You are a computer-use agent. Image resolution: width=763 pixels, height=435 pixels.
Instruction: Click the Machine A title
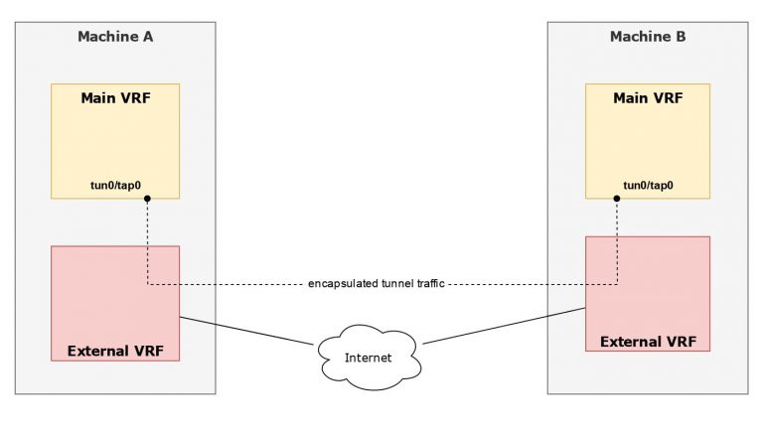pos(114,37)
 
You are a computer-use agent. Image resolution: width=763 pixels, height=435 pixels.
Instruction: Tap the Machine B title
pos(647,37)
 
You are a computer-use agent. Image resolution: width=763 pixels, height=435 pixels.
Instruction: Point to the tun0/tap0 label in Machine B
pos(648,185)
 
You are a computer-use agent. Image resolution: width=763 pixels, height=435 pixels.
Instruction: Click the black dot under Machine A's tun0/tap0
pos(147,199)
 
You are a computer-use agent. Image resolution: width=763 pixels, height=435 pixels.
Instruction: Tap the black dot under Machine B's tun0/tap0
pos(617,199)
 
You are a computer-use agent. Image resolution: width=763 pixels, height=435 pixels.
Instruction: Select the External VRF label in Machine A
pos(114,351)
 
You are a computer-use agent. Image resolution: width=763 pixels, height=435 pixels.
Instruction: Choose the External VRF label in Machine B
pos(648,342)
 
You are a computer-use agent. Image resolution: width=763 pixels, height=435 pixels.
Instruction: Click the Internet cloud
pos(368,357)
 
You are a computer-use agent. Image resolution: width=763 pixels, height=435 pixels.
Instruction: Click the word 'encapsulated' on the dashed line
pos(340,284)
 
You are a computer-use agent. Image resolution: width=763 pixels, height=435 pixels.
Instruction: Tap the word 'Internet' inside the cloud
pos(368,358)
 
